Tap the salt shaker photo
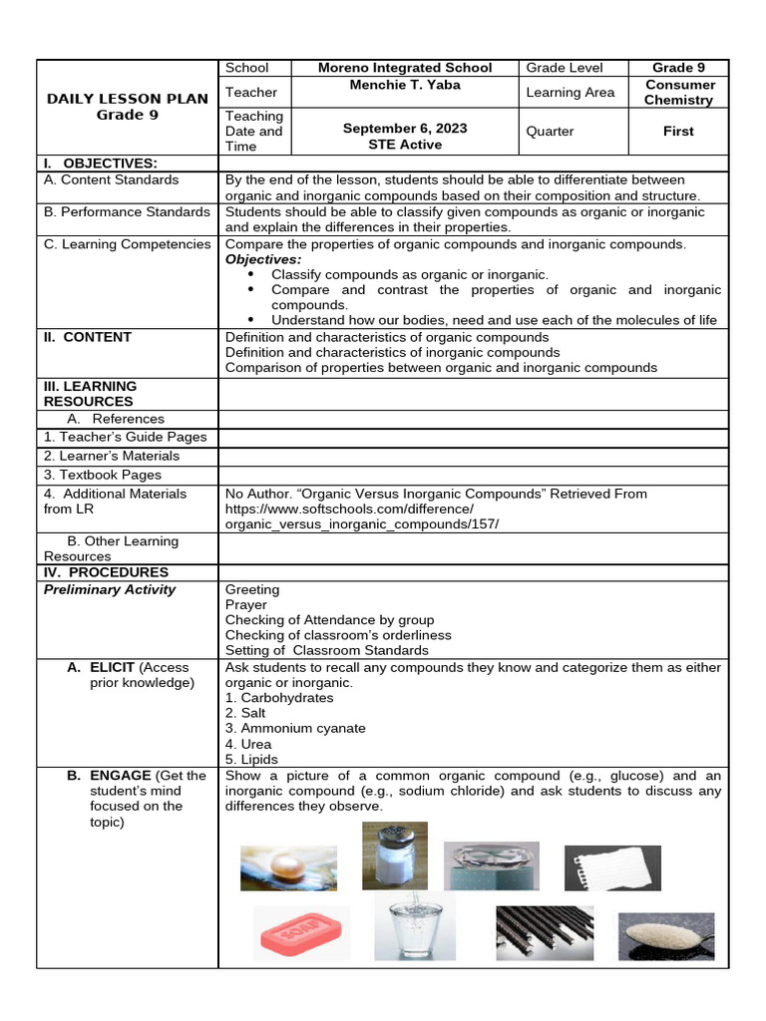tap(394, 855)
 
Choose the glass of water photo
tap(414, 927)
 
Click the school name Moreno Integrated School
tap(404, 68)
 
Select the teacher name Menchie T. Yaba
tap(404, 85)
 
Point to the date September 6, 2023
tap(404, 129)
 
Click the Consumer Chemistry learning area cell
tap(678, 93)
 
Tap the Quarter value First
tap(678, 131)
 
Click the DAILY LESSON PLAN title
tap(128, 99)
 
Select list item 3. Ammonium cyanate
tap(295, 728)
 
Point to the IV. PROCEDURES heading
tap(106, 572)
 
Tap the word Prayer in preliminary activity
tap(246, 604)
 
